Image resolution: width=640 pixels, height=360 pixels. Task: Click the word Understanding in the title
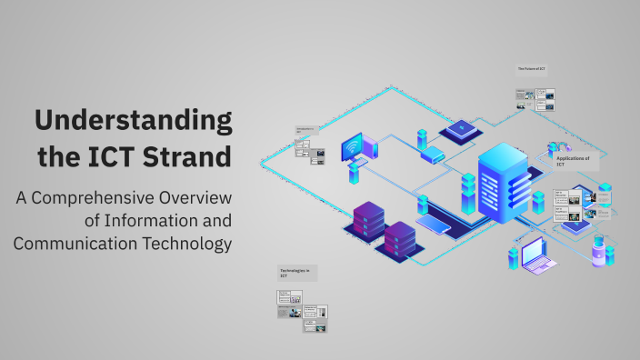[x=133, y=121]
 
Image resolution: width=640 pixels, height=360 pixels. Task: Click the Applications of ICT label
[x=573, y=161]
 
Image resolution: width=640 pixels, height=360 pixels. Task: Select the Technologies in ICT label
[x=295, y=273]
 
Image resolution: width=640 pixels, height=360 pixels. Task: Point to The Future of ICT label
[x=532, y=69]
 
